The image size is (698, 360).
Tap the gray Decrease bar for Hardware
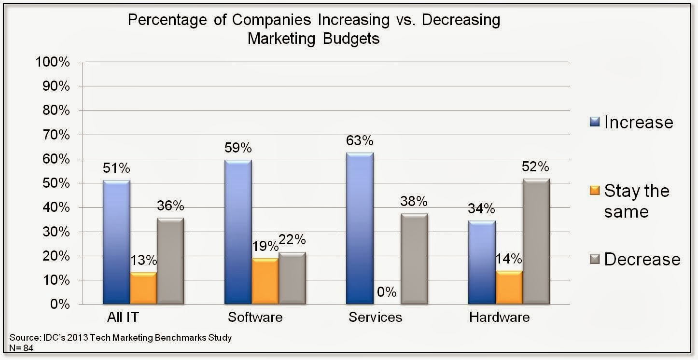point(536,241)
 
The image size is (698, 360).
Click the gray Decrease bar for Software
point(292,278)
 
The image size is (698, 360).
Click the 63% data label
point(360,140)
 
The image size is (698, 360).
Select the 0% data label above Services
point(387,291)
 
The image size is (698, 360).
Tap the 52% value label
point(535,167)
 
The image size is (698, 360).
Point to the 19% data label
point(265,246)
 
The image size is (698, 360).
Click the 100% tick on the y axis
point(52,62)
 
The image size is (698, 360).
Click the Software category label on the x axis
point(255,318)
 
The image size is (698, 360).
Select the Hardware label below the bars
point(499,318)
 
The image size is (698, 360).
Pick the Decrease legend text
point(642,259)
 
